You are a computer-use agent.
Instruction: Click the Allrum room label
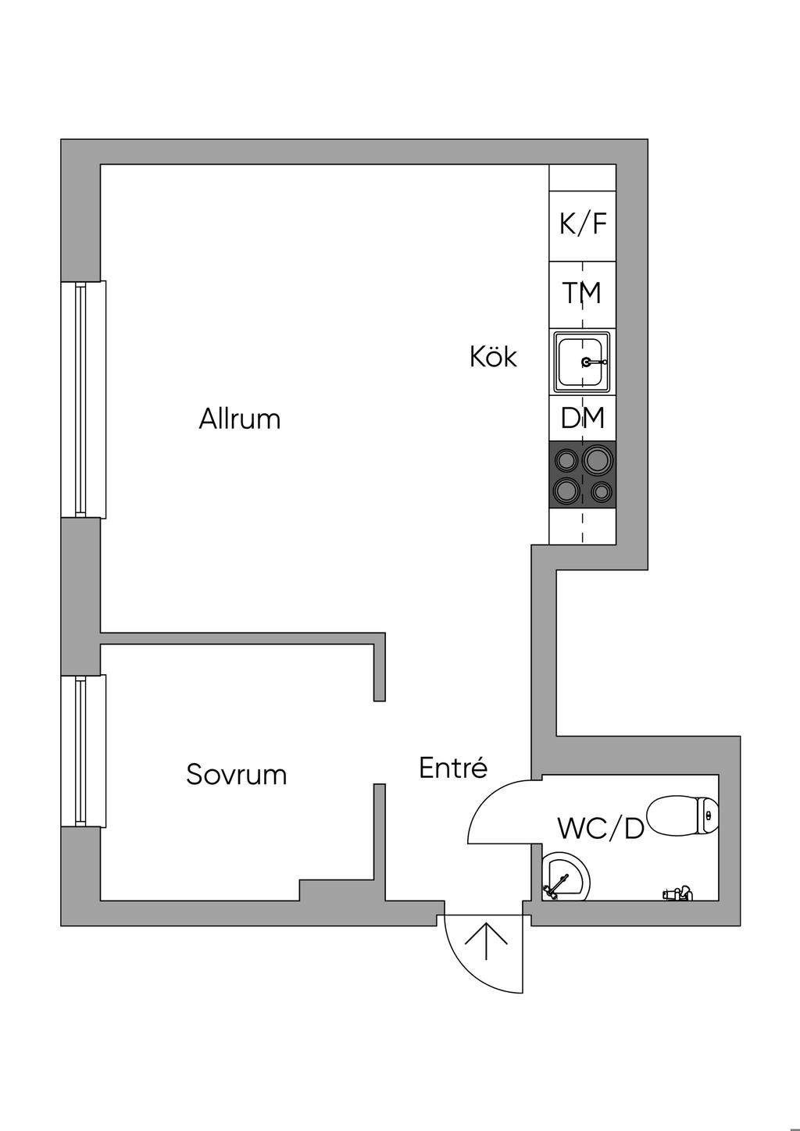tap(240, 419)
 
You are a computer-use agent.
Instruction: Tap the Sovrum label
tap(237, 774)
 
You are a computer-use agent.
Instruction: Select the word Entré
tap(454, 768)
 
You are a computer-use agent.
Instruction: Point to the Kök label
tap(494, 356)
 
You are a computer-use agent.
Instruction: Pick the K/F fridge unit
tap(582, 226)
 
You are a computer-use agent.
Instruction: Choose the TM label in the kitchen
tap(582, 292)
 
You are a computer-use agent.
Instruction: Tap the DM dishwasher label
tap(582, 418)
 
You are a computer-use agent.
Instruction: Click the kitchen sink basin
tap(582, 361)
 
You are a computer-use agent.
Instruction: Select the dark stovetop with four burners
tap(582, 473)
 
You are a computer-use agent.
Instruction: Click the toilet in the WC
tap(683, 815)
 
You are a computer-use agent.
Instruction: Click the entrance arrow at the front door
tap(486, 942)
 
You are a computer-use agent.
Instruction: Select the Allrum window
tap(83, 399)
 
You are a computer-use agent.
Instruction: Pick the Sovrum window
tap(83, 751)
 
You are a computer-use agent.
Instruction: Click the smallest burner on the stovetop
tap(601, 491)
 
